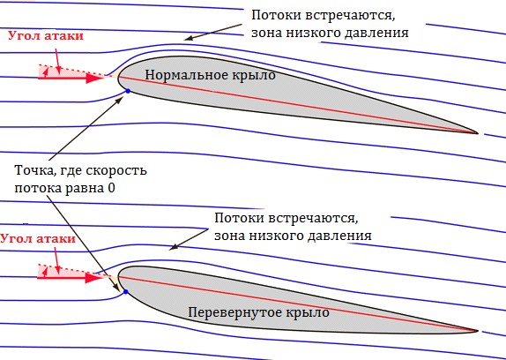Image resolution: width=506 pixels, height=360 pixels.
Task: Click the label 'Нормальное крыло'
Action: coord(210,75)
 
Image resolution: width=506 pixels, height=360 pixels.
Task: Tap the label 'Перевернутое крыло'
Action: coord(259,312)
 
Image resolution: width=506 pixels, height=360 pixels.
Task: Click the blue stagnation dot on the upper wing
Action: coord(128,92)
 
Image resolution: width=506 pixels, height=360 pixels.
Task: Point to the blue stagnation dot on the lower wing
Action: coord(126,291)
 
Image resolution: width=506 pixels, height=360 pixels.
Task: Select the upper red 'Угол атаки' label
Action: coord(46,36)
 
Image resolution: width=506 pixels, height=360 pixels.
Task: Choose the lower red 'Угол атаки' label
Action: coord(38,239)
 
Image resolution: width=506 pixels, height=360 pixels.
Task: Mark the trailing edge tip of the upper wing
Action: coord(478,132)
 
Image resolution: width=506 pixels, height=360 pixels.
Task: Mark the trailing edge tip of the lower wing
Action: coord(478,331)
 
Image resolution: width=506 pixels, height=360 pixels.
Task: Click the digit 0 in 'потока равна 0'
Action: coord(111,188)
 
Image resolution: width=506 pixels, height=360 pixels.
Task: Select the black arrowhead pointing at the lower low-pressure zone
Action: coord(174,247)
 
